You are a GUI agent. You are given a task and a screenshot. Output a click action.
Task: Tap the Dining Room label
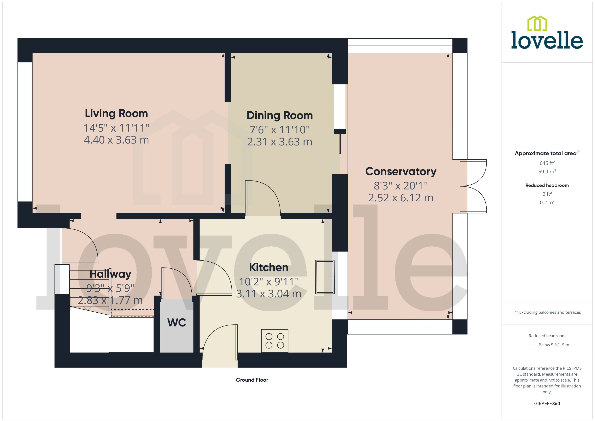click(x=279, y=115)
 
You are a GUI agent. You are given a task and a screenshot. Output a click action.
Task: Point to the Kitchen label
click(x=269, y=267)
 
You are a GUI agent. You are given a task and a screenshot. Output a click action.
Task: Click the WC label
click(x=177, y=322)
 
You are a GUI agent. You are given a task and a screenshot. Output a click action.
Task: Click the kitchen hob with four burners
click(x=275, y=341)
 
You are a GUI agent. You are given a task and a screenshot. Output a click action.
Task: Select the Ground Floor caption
click(x=252, y=380)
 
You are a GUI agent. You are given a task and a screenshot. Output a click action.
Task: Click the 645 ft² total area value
click(x=547, y=163)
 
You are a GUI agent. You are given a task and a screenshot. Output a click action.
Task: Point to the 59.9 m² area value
click(x=547, y=172)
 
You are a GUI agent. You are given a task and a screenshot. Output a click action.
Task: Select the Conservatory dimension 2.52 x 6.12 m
click(x=401, y=198)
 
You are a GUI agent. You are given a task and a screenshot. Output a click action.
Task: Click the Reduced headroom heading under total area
click(x=547, y=185)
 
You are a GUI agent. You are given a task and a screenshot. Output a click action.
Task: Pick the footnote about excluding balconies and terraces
click(x=547, y=312)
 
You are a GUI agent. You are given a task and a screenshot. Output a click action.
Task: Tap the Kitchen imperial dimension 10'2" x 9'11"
click(x=269, y=281)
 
